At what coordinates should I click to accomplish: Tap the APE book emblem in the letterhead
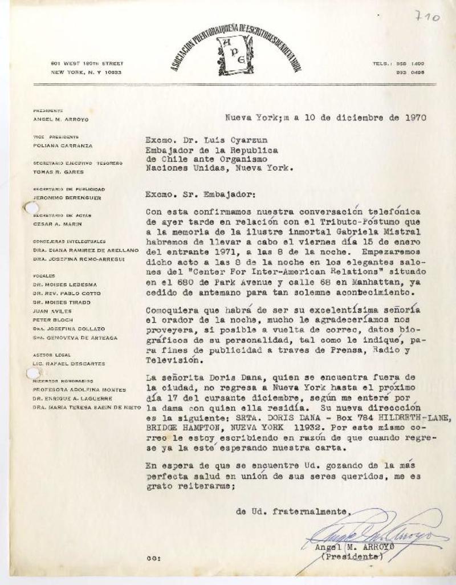coord(234,55)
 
